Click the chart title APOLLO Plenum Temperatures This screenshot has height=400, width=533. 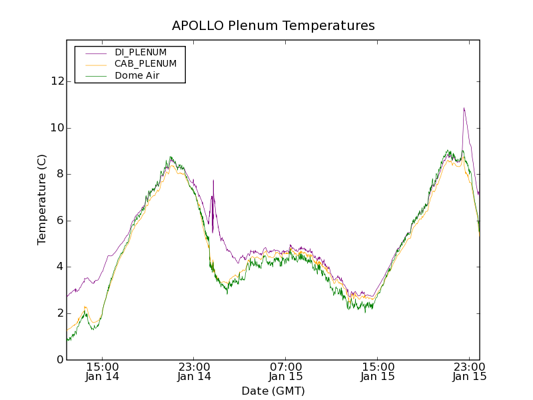pos(273,26)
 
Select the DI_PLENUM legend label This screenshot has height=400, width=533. pos(141,52)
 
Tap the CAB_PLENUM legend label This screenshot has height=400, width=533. pos(145,64)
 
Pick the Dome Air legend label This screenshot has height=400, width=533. pos(137,76)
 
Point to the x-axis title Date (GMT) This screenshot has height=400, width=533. pos(273,391)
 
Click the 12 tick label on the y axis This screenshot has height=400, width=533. pos(57,81)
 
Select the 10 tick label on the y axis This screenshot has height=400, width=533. pos(57,128)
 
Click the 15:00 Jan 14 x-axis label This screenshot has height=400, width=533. pos(103,371)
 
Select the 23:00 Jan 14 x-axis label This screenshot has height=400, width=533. pos(194,371)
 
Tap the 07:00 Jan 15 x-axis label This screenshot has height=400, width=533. pos(286,371)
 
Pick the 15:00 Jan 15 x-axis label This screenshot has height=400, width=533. pos(378,371)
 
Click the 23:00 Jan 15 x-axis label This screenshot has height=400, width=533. pos(469,371)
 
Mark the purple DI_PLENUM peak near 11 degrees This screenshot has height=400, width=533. pos(463,108)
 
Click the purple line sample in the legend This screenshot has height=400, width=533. pos(93,52)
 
